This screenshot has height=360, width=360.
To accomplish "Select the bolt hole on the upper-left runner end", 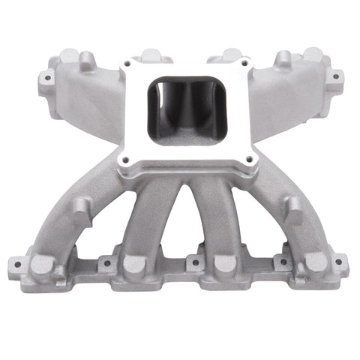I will coord(49,76).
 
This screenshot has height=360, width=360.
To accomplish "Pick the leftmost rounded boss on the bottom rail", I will coord(43,264).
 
